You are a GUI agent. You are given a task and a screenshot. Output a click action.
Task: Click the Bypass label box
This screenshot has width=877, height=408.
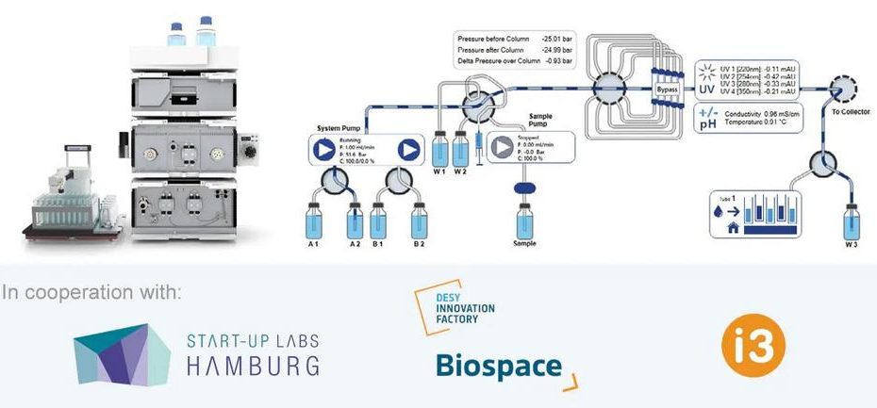pos(668,90)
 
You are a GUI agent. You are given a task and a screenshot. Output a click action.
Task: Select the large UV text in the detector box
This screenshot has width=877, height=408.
pos(706,90)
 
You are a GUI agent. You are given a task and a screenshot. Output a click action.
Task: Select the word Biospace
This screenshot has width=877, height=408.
pos(498,367)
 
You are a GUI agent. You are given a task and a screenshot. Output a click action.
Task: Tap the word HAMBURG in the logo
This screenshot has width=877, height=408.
pos(252,364)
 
